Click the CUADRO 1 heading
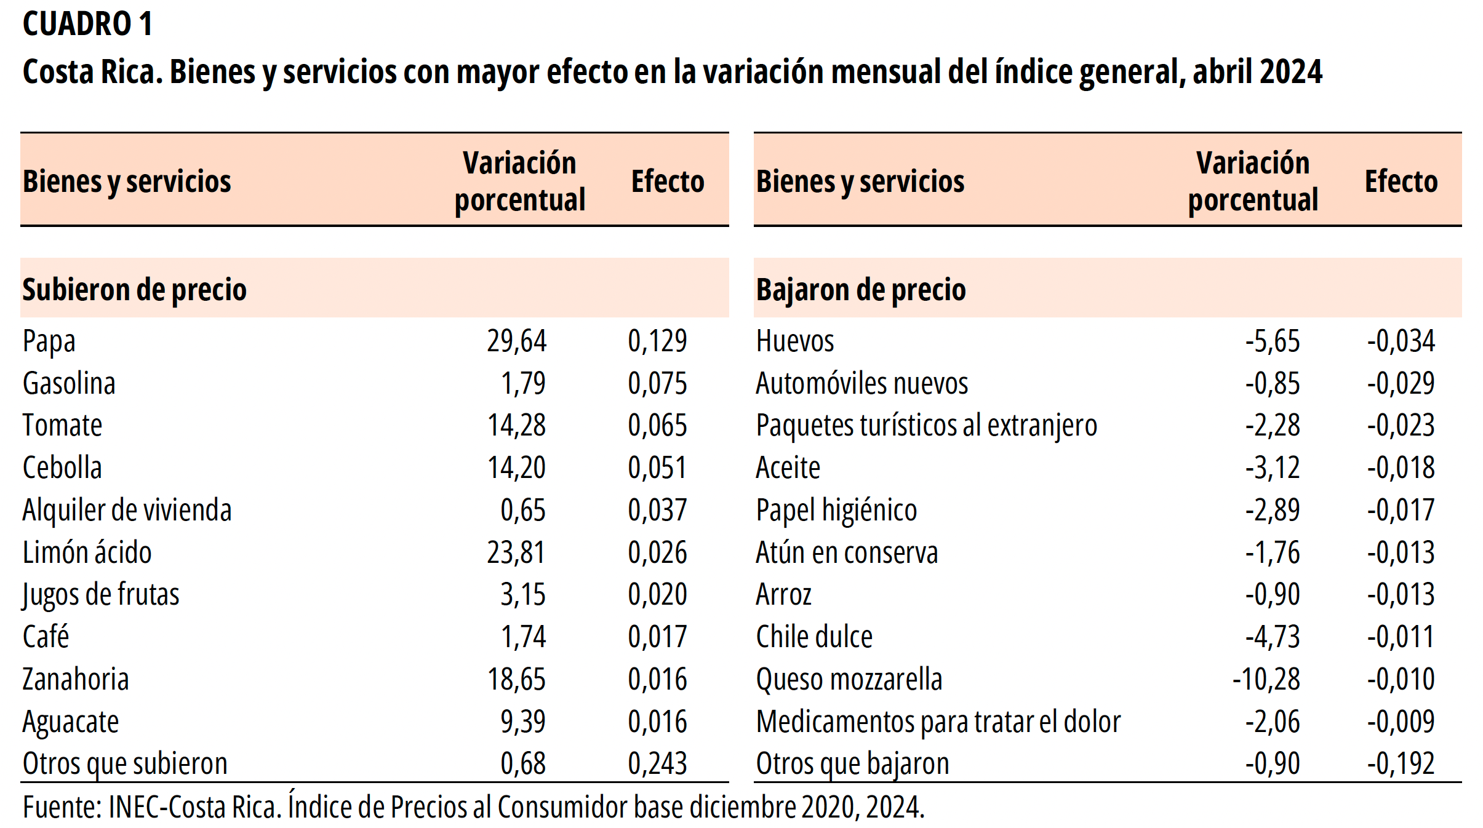click(87, 25)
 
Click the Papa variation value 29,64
click(516, 341)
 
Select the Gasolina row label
click(69, 383)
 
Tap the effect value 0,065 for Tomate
click(657, 426)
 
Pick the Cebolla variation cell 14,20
click(516, 468)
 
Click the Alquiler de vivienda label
click(127, 510)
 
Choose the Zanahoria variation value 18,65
click(516, 680)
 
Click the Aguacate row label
click(71, 722)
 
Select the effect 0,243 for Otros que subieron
click(657, 764)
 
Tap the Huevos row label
click(794, 341)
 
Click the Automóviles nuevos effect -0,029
click(1401, 383)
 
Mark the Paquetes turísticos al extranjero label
click(926, 426)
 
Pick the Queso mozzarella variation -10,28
click(1266, 680)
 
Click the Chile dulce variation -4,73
click(1272, 637)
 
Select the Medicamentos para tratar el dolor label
click(938, 722)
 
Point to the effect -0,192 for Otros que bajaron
click(1401, 764)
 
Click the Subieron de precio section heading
click(134, 290)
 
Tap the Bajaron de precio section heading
click(860, 290)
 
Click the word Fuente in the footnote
click(60, 808)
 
